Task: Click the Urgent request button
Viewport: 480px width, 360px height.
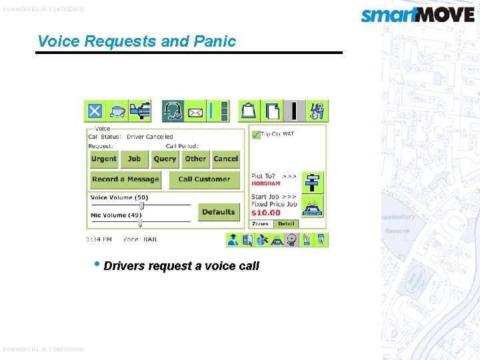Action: point(104,159)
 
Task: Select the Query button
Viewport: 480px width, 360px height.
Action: point(165,159)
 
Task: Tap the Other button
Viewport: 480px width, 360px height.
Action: point(195,159)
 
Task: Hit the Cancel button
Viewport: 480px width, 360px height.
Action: point(226,159)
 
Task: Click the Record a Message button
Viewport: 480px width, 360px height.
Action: point(125,179)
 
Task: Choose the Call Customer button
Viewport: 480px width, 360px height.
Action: point(204,179)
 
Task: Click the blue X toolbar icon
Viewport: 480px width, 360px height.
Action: point(95,111)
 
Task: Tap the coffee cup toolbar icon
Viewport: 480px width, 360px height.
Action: point(117,111)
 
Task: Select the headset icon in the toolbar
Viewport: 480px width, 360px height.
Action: point(173,111)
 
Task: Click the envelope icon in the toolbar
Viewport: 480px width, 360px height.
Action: point(195,111)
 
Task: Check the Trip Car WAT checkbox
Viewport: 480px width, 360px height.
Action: point(256,134)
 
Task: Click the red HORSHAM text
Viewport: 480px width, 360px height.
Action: point(265,183)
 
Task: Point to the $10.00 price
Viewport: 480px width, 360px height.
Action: point(266,213)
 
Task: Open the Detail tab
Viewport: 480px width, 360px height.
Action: point(286,224)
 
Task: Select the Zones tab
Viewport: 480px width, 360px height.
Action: point(260,224)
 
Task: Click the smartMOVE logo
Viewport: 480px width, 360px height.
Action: point(417,14)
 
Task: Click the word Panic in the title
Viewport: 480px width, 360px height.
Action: point(215,41)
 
